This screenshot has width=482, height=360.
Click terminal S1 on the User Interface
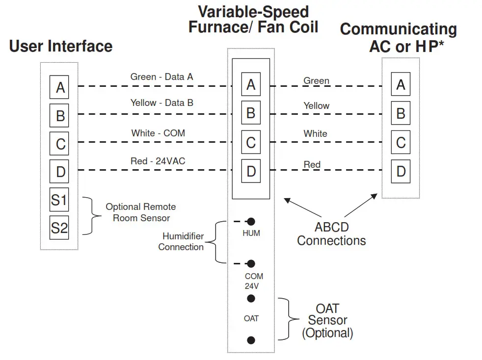click(59, 200)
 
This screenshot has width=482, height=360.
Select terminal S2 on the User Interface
click(59, 228)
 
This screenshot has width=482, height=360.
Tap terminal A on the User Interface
click(60, 87)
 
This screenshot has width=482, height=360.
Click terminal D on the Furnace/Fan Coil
click(251, 171)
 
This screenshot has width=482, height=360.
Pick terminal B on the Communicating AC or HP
click(401, 114)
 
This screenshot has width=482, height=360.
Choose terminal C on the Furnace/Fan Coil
click(251, 143)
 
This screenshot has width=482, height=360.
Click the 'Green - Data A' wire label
click(161, 77)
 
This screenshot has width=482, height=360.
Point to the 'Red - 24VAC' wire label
click(158, 160)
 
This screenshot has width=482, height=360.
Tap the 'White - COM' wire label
click(158, 133)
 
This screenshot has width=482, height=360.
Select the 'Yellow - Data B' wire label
click(161, 103)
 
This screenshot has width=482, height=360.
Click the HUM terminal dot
click(251, 222)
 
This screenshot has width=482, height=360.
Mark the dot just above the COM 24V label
click(251, 263)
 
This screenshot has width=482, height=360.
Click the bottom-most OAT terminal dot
click(251, 340)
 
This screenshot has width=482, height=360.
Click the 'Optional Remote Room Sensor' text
click(141, 212)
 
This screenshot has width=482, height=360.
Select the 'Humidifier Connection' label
click(181, 242)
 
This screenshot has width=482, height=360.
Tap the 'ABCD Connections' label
click(331, 234)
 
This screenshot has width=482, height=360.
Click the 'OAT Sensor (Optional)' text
click(327, 321)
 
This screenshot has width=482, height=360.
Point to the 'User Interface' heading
click(61, 47)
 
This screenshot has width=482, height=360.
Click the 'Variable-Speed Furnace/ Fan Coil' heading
click(253, 20)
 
